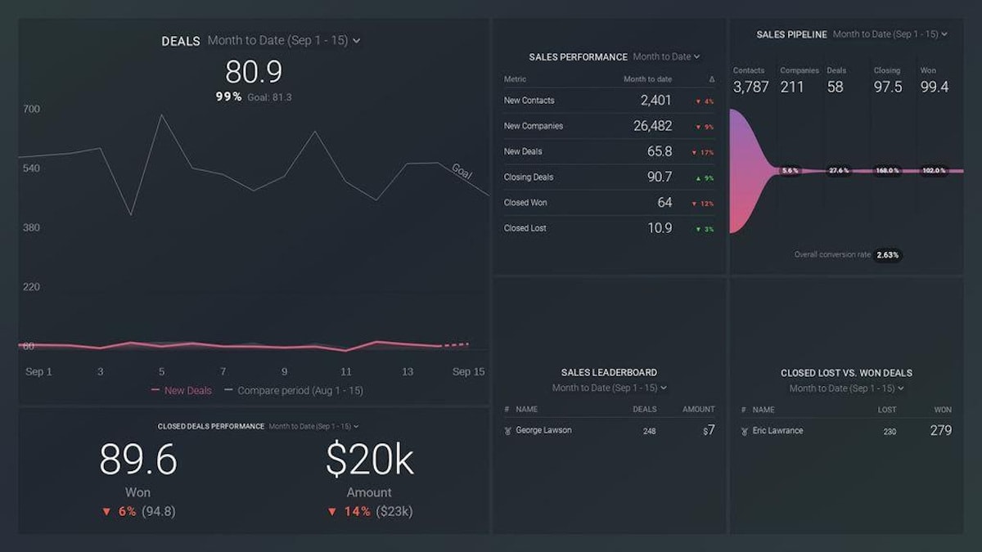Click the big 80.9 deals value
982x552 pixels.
[254, 72]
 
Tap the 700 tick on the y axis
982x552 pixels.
[31, 109]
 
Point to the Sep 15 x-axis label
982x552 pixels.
[468, 372]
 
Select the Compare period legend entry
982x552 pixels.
[300, 391]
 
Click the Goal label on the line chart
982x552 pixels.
[462, 172]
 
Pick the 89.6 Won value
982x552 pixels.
[138, 460]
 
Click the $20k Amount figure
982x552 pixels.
[369, 460]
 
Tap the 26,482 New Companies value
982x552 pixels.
[652, 126]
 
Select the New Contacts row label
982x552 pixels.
[529, 101]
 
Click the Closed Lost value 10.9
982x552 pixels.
[660, 228]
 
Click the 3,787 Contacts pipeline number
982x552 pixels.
[750, 87]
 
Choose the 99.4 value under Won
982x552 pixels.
[935, 87]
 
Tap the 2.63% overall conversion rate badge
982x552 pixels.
[888, 255]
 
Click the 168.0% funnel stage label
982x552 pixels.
[886, 171]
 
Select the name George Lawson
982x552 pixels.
[543, 430]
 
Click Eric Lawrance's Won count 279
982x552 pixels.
[940, 430]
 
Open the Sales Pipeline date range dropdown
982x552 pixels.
[890, 34]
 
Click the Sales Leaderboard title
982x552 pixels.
[609, 373]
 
